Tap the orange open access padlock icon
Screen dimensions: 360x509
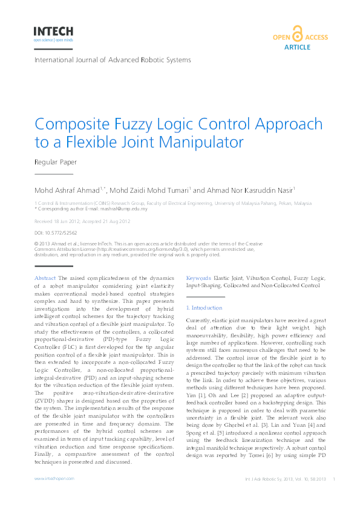click(297, 33)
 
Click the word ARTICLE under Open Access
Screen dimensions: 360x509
click(297, 47)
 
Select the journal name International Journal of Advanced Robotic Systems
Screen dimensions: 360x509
click(113, 60)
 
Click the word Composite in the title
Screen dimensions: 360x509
click(73, 125)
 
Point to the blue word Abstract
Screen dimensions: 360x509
click(45, 277)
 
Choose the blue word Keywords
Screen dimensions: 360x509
click(198, 277)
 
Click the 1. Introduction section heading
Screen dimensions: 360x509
click(205, 308)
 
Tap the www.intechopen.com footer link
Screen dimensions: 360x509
click(54, 478)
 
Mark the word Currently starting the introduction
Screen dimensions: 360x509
click(198, 319)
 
